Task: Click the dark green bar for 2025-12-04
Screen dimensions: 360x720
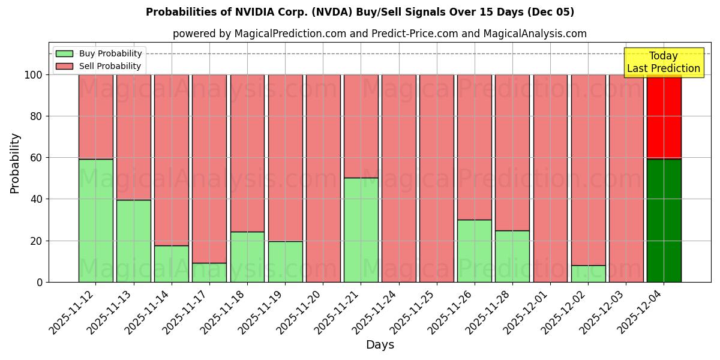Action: point(664,220)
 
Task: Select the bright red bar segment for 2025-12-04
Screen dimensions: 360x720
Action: point(664,117)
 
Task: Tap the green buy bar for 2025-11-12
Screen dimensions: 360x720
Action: point(95,220)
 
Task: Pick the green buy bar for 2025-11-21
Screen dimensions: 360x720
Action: point(361,230)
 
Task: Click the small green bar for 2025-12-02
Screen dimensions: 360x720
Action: point(588,274)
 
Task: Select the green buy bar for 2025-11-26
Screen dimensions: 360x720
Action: point(474,251)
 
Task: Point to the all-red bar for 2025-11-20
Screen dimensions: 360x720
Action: point(323,178)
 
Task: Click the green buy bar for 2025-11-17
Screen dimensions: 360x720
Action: point(209,272)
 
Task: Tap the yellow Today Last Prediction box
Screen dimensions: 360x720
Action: point(663,62)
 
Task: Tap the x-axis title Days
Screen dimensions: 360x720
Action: point(380,345)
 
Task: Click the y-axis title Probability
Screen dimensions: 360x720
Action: point(15,163)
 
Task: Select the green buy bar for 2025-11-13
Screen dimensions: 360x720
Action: point(133,241)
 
